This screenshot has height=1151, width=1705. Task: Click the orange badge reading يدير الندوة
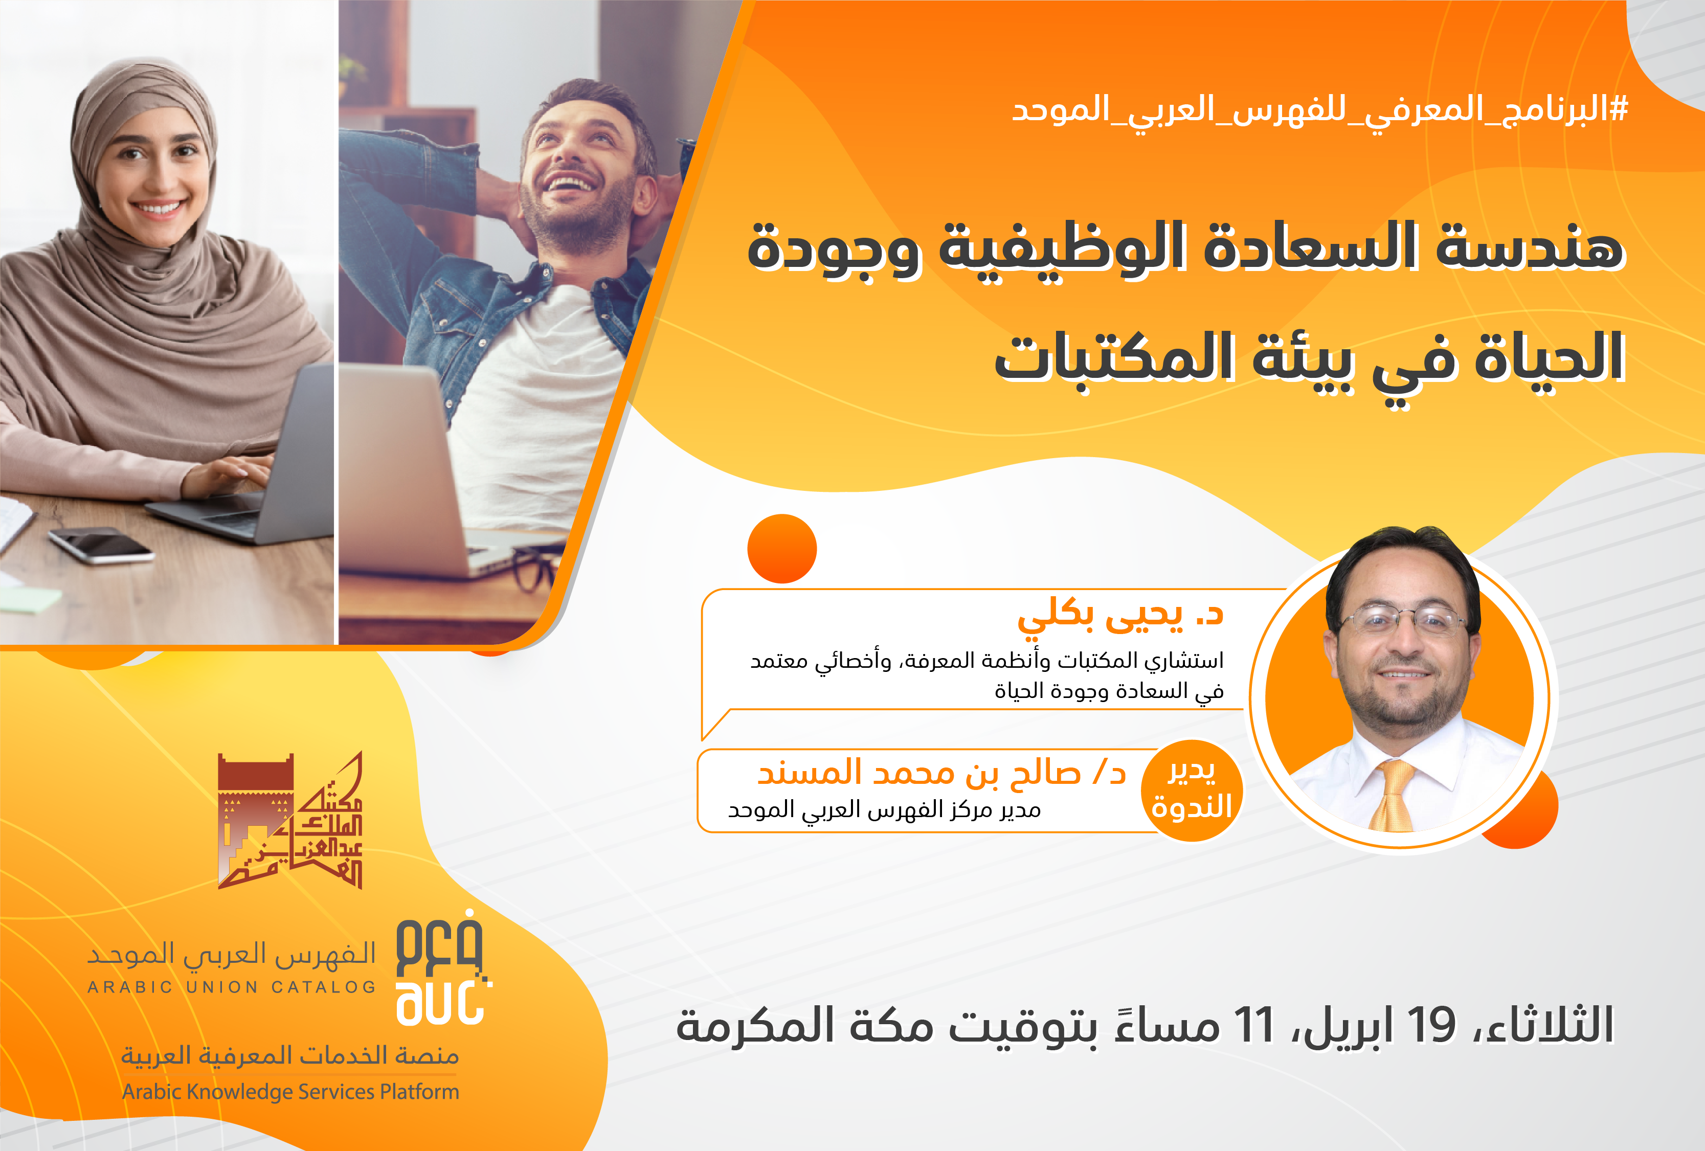[x=1192, y=790]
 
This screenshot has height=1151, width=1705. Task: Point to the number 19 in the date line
[x=1430, y=1025]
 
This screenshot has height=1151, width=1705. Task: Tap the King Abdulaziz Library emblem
[x=290, y=820]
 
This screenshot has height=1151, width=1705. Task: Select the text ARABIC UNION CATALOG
[x=232, y=987]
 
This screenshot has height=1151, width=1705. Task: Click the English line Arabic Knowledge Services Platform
[x=290, y=1092]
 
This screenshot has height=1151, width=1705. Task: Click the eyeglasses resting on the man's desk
[x=534, y=570]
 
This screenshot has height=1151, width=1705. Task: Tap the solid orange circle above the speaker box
[x=782, y=549]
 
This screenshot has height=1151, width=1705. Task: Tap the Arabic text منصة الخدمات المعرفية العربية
[x=290, y=1055]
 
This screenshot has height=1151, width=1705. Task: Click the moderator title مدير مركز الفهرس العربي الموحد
[x=884, y=809]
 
